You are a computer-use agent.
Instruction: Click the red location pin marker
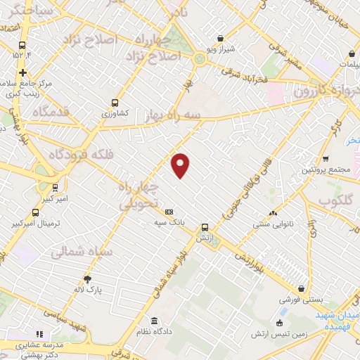coord(181,165)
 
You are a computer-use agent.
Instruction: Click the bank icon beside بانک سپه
coord(169,212)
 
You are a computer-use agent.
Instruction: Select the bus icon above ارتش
coord(205,227)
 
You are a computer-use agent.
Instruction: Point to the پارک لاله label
coord(89,288)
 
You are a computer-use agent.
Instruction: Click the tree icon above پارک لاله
coord(88,278)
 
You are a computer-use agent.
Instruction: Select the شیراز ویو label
coord(221,49)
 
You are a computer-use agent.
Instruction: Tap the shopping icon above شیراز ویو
coord(221,39)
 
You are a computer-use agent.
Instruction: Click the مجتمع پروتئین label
coord(326,170)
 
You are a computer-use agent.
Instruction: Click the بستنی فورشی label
coord(302,299)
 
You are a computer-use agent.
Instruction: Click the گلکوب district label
coord(334,201)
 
